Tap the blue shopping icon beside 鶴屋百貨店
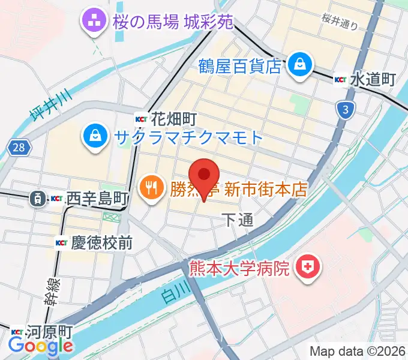pos(298,64)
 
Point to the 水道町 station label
pos(373,79)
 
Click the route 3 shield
pos(346,109)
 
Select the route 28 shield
pos(19,148)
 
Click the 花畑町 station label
pos(174,118)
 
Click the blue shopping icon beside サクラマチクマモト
pos(95,136)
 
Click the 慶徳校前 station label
pos(101,242)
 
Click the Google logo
pos(41,346)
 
